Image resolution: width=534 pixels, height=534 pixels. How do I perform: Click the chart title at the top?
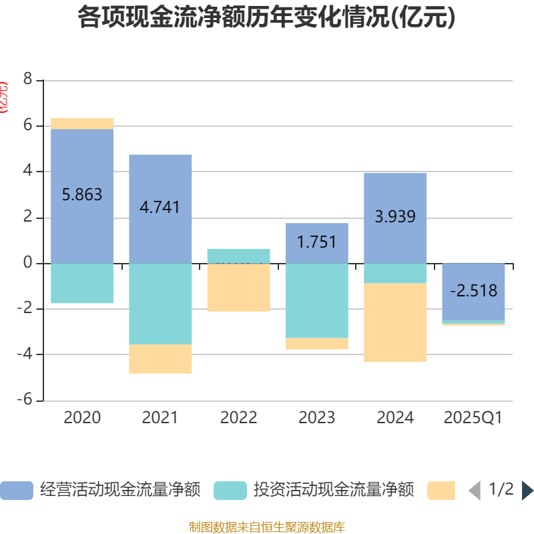point(266,18)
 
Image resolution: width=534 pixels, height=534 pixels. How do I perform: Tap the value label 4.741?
point(160,207)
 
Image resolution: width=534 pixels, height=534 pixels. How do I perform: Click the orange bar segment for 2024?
point(395,322)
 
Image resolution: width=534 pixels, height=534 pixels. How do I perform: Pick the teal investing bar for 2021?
point(160,304)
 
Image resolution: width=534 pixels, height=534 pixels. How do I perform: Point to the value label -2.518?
point(473,291)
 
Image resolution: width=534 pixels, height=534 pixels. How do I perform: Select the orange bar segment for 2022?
point(238,287)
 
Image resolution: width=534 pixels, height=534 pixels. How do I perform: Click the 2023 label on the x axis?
point(316,418)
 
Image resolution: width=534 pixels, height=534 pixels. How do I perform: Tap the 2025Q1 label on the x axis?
point(473,418)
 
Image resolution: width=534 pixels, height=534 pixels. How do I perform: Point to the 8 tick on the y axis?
point(27,79)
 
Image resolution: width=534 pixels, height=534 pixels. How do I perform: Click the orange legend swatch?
point(441,490)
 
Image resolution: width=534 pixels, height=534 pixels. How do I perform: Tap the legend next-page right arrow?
point(527,491)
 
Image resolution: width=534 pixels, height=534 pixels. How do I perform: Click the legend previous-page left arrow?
point(475,491)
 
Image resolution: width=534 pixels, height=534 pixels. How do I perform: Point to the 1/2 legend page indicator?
point(501,489)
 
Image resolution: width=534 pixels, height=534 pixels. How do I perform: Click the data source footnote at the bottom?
point(266,527)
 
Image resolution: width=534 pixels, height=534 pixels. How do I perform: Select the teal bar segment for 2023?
point(316,300)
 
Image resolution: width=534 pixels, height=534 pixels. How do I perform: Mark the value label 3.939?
point(395,216)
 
